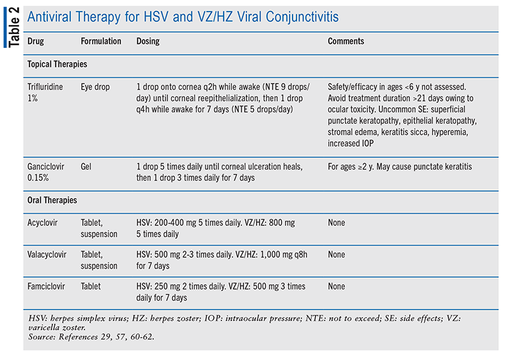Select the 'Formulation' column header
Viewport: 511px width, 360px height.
pyautogui.click(x=101, y=41)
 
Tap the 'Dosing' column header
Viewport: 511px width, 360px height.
pyautogui.click(x=148, y=41)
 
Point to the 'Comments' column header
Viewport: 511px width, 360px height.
pyautogui.click(x=346, y=41)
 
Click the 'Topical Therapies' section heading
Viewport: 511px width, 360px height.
pyautogui.click(x=57, y=64)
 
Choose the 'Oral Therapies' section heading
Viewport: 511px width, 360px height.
pyautogui.click(x=52, y=200)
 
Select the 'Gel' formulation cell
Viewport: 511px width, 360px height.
pyautogui.click(x=87, y=167)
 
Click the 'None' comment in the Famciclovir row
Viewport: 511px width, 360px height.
pyautogui.click(x=336, y=287)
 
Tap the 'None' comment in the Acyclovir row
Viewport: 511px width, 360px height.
pyautogui.click(x=336, y=223)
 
